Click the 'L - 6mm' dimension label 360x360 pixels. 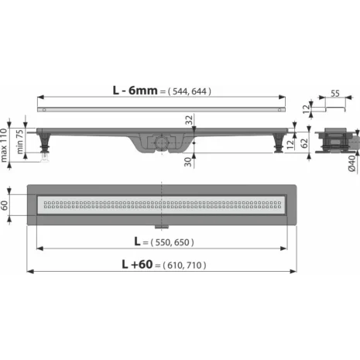[x=135, y=91]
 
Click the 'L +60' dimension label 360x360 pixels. [x=137, y=264]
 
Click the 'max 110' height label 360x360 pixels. [x=3, y=146]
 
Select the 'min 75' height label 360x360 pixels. [x=19, y=142]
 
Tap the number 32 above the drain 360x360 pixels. [x=189, y=120]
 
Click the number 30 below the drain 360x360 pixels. [x=188, y=162]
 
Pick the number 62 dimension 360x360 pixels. [x=304, y=143]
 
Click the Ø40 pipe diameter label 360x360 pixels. [x=352, y=163]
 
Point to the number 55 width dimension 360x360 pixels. [x=335, y=94]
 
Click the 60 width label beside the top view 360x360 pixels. [x=4, y=205]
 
